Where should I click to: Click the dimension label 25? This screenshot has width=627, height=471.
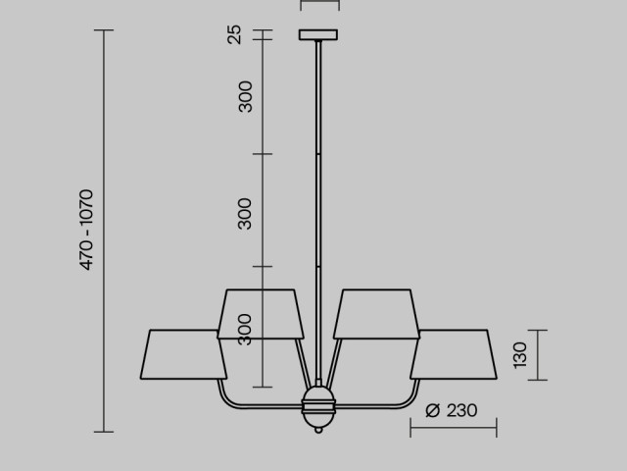click(235, 34)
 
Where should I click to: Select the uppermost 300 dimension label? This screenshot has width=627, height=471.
click(245, 96)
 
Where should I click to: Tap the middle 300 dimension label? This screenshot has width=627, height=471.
click(245, 214)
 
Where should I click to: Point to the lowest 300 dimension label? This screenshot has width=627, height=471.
click(244, 330)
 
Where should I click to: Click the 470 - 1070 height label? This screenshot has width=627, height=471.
click(86, 230)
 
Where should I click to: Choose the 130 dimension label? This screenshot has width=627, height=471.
click(520, 355)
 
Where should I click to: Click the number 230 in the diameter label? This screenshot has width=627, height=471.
click(461, 410)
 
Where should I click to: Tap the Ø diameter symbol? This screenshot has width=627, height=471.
click(433, 410)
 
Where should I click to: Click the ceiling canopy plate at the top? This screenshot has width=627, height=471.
click(318, 35)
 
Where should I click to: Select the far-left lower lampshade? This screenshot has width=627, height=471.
click(183, 354)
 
